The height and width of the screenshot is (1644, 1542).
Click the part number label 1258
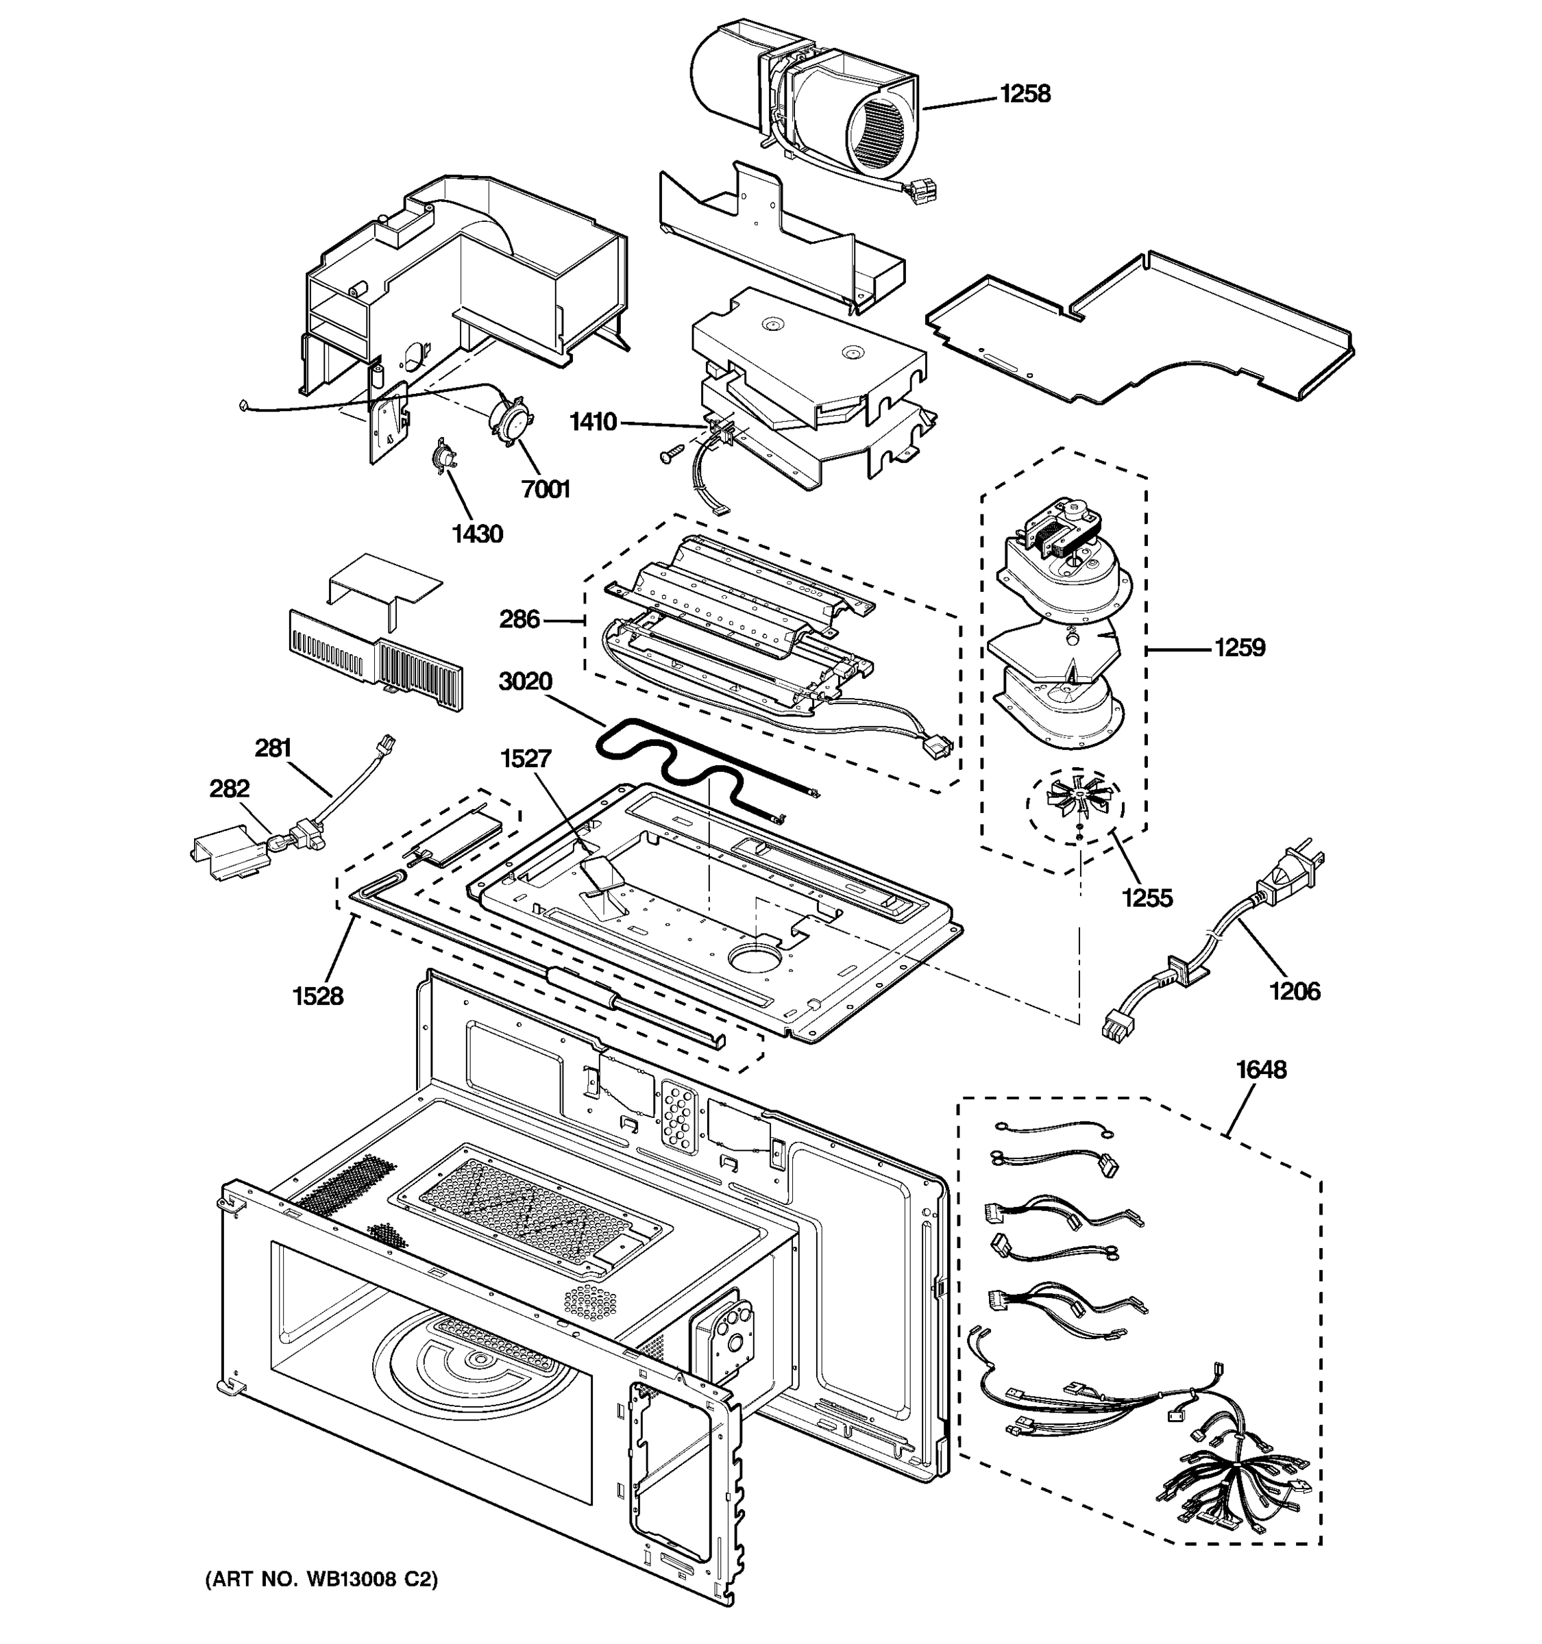1025,95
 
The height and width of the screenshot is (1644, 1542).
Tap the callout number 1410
593,423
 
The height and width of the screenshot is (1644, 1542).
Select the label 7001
546,490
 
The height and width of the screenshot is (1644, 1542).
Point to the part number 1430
477,534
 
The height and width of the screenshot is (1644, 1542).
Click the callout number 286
519,619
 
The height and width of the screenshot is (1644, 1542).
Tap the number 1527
525,758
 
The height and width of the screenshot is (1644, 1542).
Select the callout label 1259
1239,647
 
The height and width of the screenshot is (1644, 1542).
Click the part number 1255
1147,897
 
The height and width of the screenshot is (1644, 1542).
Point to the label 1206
1295,991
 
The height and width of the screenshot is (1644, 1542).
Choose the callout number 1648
1261,1070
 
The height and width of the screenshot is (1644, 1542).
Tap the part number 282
229,788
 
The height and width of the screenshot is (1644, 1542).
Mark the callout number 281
273,749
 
